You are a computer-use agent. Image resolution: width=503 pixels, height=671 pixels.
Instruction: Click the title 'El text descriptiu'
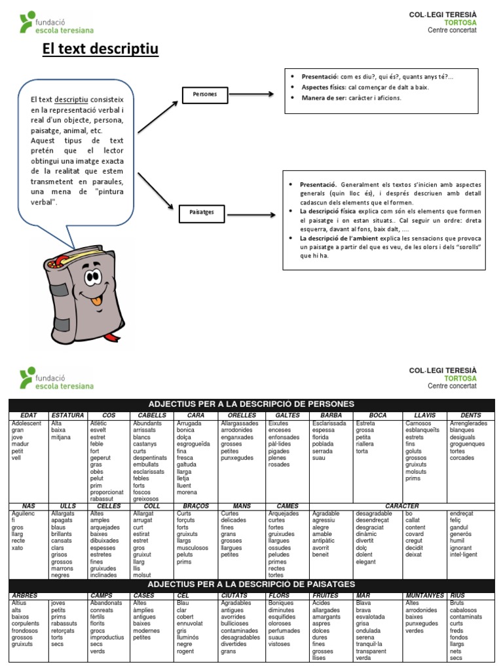coord(100,49)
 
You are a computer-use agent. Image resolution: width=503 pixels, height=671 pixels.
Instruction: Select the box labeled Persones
coord(204,94)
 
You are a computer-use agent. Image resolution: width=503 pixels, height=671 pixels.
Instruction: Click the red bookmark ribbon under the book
coord(113,336)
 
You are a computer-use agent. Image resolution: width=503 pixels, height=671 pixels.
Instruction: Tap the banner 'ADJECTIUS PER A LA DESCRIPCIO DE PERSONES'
coord(251,404)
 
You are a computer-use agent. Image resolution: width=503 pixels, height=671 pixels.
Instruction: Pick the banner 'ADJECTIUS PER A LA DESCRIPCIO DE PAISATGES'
coord(251,583)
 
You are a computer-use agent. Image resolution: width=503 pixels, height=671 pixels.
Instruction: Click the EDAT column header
coord(29,415)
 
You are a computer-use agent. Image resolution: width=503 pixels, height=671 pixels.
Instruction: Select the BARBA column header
coord(331,415)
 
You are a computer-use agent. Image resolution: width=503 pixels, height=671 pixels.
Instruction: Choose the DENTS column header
coord(471,415)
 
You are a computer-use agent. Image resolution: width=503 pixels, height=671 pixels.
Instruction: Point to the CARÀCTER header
coord(402,506)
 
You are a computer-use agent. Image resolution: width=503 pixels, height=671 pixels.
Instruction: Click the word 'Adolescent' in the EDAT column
coord(26,424)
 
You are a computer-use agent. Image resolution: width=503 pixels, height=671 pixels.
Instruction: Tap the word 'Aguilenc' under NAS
coord(24,514)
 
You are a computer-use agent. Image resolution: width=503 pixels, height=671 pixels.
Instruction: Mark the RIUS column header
coord(457,595)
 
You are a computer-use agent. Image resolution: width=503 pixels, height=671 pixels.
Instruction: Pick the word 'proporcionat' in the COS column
coord(107,492)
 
